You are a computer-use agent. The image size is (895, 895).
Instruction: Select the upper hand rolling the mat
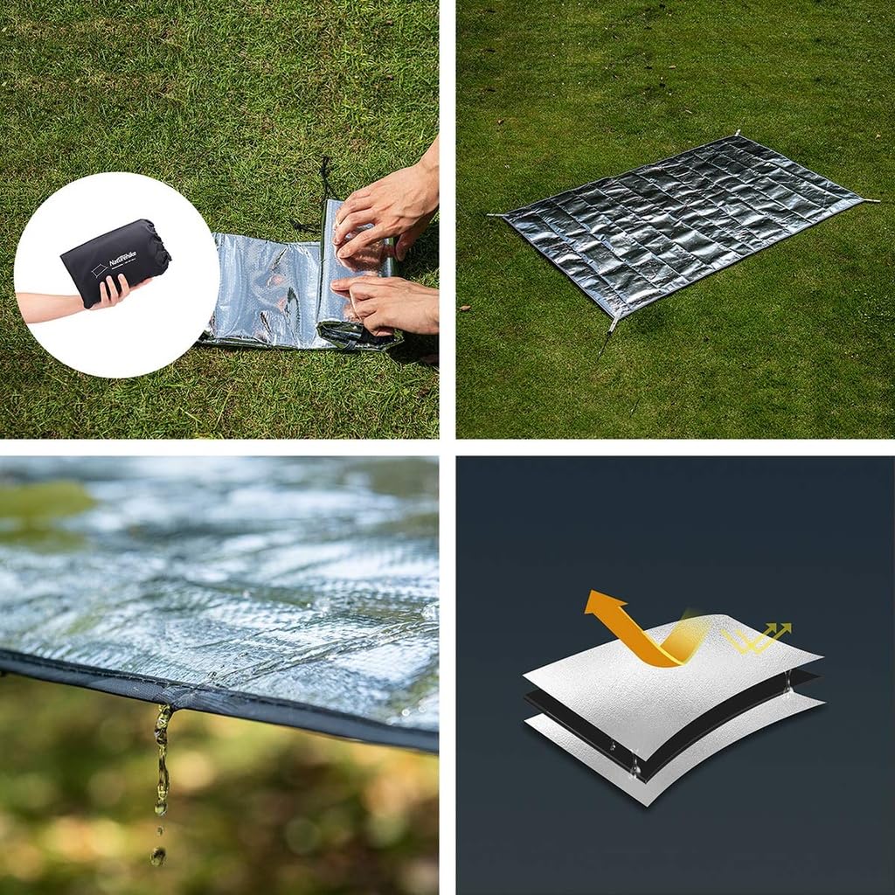(x=385, y=210)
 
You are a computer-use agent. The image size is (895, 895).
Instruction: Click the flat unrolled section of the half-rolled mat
(x=262, y=288)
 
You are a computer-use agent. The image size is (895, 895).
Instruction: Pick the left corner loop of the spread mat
(x=496, y=215)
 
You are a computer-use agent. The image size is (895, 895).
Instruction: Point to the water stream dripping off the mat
(x=162, y=760)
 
